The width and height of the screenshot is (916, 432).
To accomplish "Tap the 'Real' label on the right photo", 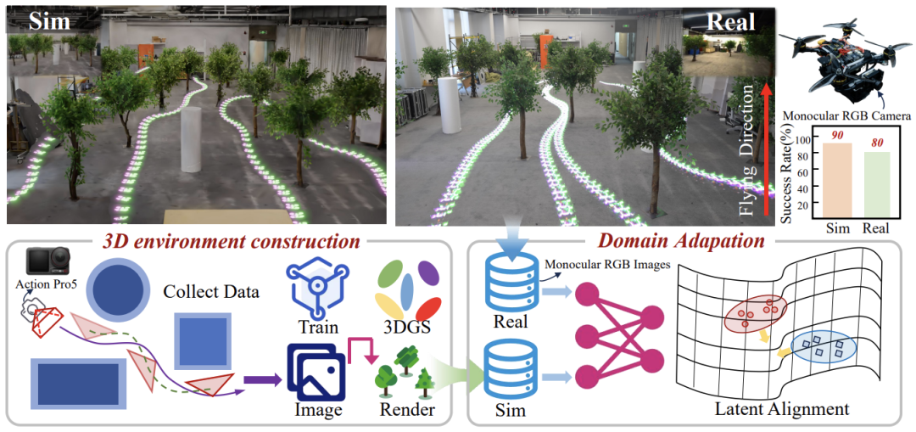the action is (x=730, y=23).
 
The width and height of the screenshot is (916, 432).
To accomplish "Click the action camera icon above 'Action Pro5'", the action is (x=48, y=266).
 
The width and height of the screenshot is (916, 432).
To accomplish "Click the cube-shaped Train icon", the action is (x=316, y=284).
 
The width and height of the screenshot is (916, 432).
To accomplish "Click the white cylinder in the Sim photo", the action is (x=191, y=140).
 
